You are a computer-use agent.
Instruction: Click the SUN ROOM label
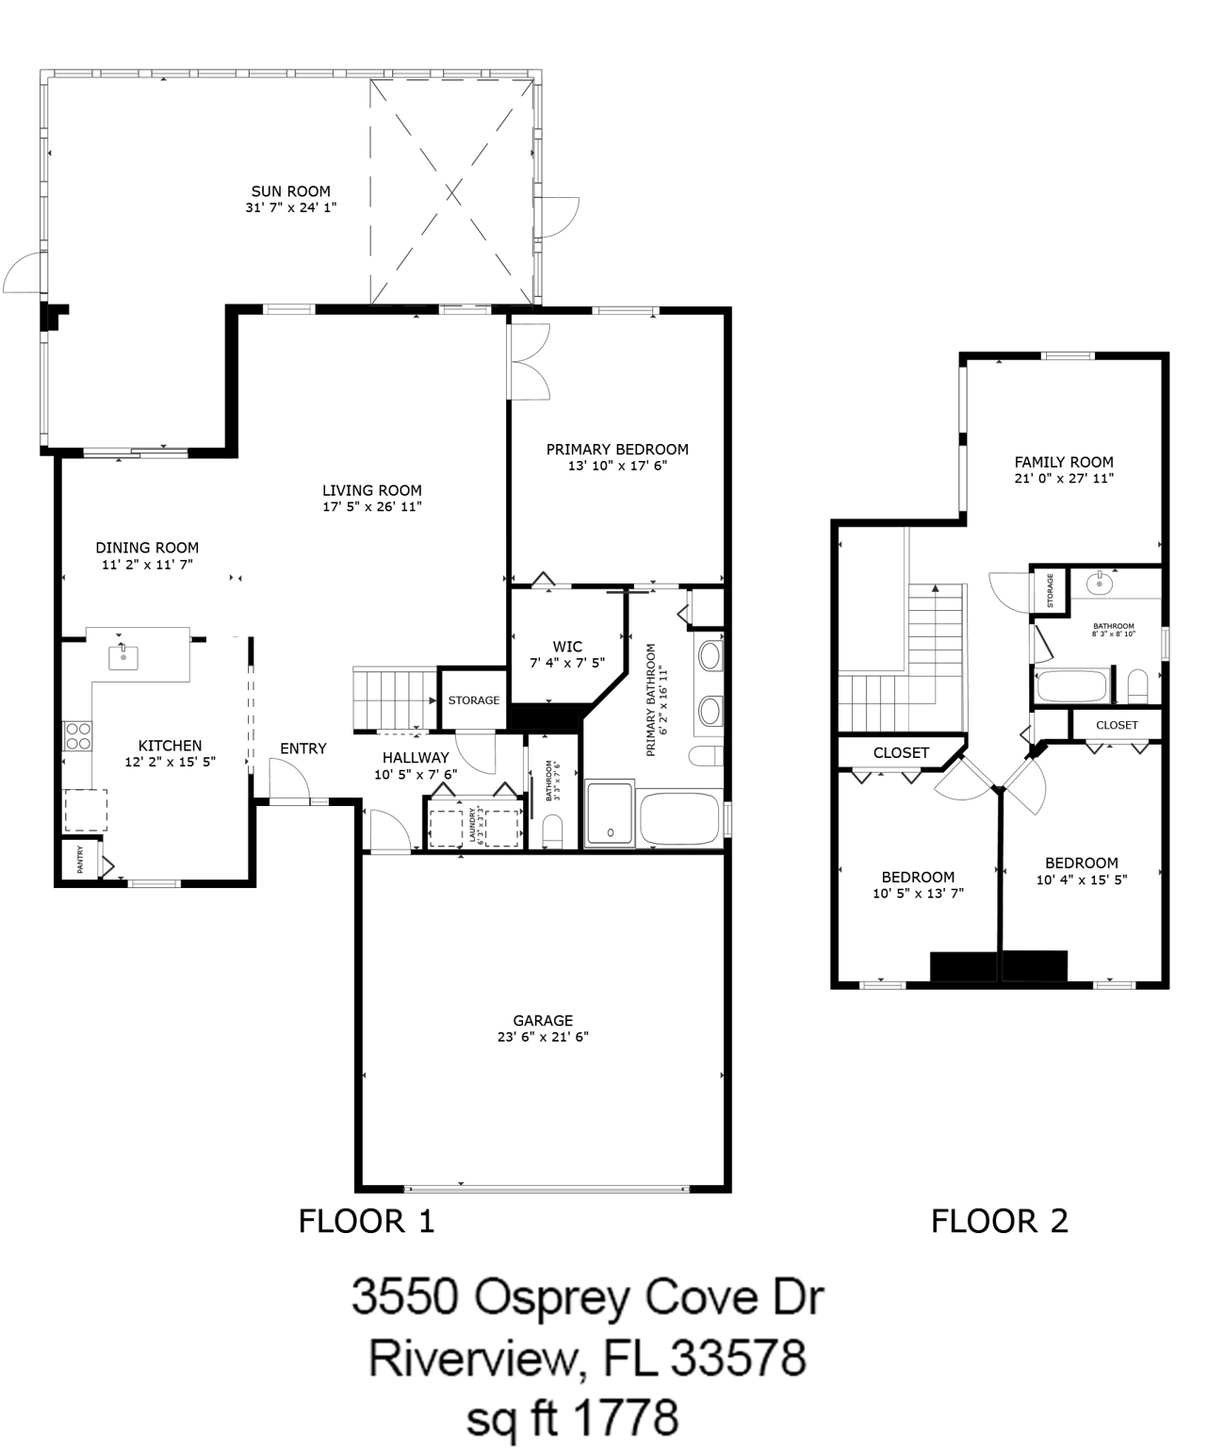(290, 191)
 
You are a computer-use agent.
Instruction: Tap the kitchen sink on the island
(123, 656)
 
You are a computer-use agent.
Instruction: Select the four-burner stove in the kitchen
(77, 736)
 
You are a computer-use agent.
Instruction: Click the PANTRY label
(80, 859)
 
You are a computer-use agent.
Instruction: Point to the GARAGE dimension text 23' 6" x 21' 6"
(543, 1037)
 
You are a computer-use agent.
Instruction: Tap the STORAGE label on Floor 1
(473, 700)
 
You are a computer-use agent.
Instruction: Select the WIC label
(567, 647)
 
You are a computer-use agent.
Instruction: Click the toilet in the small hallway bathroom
(552, 831)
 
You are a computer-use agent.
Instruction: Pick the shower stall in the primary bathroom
(610, 814)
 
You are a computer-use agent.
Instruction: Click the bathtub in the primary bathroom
(680, 818)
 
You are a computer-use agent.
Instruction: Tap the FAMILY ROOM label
(1064, 462)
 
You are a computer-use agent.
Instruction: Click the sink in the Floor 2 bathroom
(1100, 584)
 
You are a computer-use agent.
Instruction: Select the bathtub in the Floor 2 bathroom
(1071, 686)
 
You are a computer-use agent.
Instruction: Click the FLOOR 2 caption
(1000, 1221)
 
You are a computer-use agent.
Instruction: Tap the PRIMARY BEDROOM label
(617, 450)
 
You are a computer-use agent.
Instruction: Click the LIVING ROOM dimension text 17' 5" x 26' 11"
(372, 506)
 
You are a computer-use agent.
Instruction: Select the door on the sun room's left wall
(24, 271)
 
